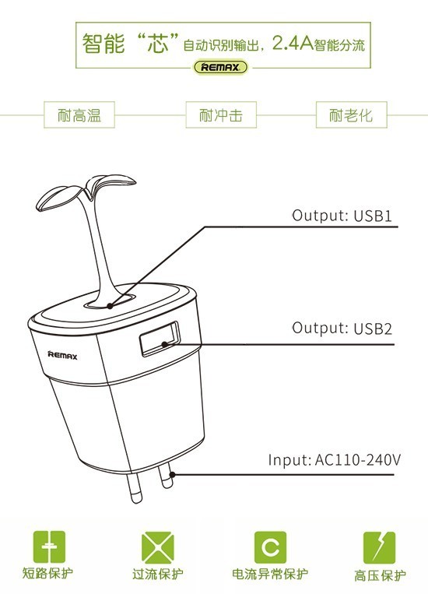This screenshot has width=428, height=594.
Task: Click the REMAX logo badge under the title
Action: (221, 68)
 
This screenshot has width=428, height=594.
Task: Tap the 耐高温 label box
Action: (79, 114)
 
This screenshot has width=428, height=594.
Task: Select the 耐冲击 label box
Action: (221, 114)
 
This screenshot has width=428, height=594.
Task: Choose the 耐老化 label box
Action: (351, 114)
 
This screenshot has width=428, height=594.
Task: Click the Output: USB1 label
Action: (342, 216)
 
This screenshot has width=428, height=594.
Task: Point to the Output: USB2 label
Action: (342, 328)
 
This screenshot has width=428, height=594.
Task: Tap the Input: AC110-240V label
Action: (334, 460)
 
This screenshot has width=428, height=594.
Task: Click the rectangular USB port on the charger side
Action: (160, 339)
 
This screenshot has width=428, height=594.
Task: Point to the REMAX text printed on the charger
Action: (62, 355)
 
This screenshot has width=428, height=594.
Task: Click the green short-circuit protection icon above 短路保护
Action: (49, 547)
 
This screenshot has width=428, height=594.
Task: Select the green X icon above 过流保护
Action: (157, 547)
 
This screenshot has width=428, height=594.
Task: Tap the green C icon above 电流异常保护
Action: (270, 547)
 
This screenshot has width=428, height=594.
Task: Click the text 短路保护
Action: (47, 573)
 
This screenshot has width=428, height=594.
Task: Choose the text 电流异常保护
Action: (270, 574)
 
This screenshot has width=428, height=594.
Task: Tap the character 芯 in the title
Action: (157, 43)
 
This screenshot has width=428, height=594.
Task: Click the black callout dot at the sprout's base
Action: (110, 306)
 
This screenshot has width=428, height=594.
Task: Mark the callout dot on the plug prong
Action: (172, 474)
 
